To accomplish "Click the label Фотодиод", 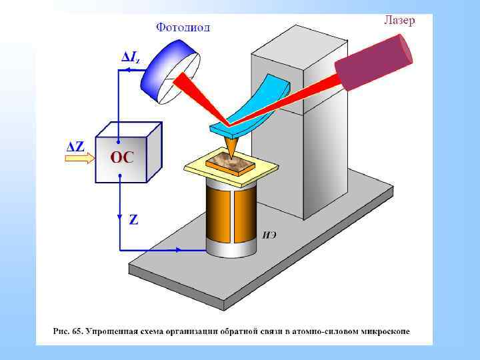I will [x=183, y=27].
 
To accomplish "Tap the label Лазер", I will [x=399, y=20].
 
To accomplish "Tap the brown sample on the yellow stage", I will [x=230, y=161].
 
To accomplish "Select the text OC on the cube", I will [x=122, y=158].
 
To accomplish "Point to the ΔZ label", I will [x=74, y=146].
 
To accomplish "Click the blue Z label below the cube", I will [x=133, y=219].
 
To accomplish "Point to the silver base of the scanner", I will [x=231, y=249].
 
